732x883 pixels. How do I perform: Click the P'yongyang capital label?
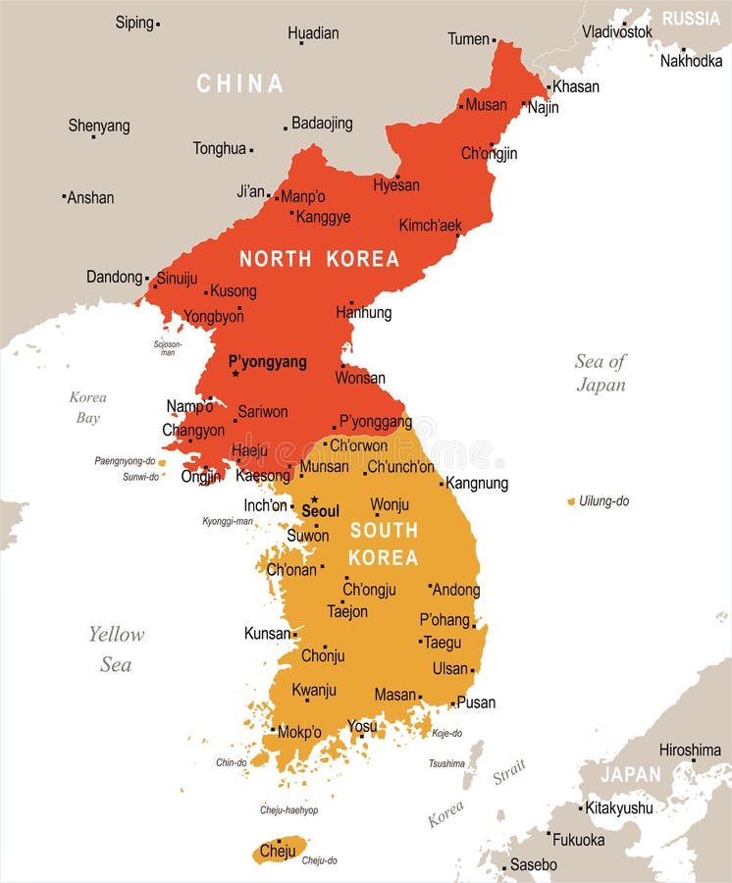267,362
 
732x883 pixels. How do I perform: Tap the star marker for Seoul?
314,499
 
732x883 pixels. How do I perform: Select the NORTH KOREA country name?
320,259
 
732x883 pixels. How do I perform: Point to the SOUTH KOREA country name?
384,544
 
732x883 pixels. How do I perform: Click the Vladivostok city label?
616,31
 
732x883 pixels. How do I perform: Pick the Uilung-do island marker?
571,501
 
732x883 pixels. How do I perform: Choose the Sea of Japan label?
601,373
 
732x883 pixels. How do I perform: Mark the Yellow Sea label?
116,649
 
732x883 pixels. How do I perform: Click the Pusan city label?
476,702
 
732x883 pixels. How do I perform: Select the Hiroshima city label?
690,750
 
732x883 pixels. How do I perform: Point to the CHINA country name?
240,84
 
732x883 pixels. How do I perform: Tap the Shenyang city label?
98,126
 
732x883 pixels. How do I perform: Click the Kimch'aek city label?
430,225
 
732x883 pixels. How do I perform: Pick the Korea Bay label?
87,407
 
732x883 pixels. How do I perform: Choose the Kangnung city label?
477,483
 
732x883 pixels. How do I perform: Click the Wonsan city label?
360,378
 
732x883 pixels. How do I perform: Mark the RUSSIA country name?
691,19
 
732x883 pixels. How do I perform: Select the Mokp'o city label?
299,732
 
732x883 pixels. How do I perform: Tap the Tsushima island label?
446,763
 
